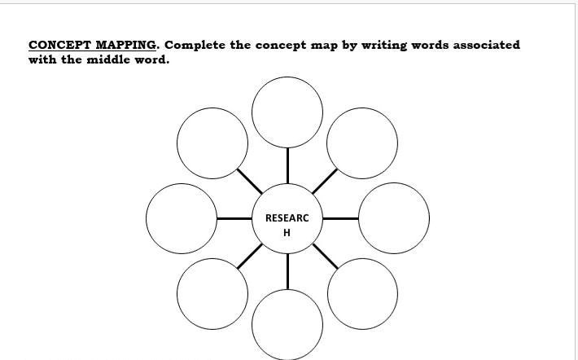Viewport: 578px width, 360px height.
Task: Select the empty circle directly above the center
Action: tap(287, 112)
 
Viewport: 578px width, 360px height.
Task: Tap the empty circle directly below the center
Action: tap(287, 324)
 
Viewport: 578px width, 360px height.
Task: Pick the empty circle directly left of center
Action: tap(182, 218)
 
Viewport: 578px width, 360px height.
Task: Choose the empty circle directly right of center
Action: tap(393, 218)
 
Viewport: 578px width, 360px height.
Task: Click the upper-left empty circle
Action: tap(212, 143)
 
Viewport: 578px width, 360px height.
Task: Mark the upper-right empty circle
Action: tap(362, 143)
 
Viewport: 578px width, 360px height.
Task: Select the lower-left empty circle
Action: tap(212, 294)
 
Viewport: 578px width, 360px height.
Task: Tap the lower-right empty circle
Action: tap(362, 294)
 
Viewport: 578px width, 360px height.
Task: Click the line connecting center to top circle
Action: tap(287, 165)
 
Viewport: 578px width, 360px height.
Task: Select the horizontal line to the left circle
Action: tap(234, 218)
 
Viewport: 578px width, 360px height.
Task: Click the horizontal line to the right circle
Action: tap(340, 218)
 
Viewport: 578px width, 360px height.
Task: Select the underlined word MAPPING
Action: tap(127, 45)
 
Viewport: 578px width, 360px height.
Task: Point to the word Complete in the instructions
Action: tap(195, 45)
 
